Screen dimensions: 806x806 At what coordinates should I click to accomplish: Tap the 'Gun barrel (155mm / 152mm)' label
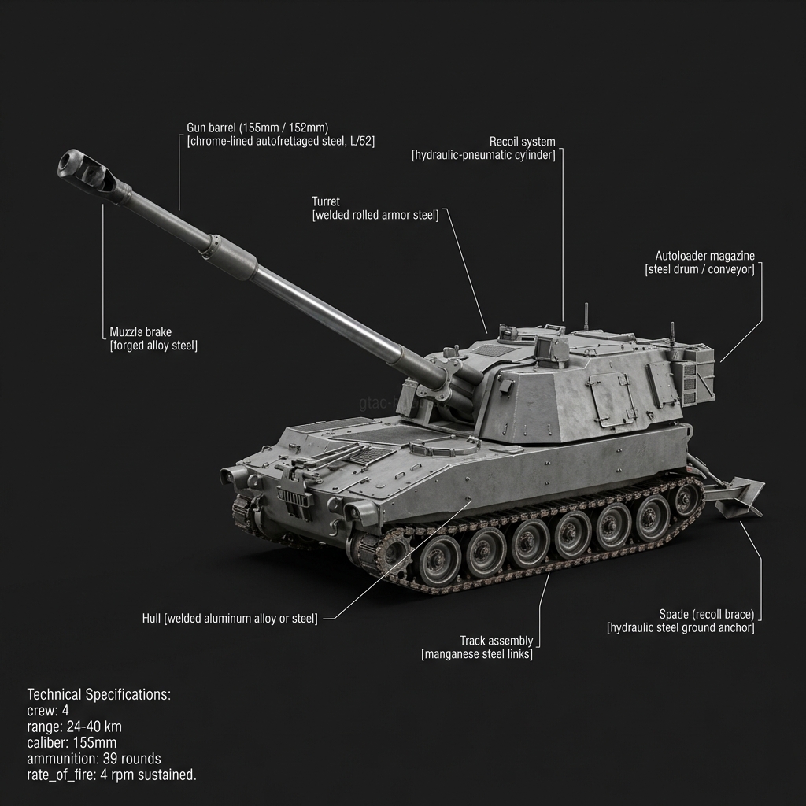257,128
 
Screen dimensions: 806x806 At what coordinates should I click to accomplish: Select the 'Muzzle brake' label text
140,332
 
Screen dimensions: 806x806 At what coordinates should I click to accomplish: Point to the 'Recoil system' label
522,142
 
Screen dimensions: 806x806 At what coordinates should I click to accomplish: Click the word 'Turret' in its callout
325,202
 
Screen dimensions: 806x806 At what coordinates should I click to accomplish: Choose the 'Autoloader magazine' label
704,256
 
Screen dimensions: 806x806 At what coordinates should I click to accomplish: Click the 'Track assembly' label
496,641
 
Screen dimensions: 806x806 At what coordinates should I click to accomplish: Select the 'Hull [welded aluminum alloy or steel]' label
230,619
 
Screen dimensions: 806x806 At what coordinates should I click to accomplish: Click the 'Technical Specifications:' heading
99,695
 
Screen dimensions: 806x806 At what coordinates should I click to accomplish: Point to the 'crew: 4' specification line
48,711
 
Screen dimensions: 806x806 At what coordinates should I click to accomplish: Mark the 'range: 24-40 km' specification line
74,727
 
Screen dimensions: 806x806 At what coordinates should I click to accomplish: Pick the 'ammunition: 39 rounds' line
94,759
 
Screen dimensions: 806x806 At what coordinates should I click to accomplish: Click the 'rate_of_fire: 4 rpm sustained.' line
112,775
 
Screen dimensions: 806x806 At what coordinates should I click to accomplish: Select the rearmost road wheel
687,499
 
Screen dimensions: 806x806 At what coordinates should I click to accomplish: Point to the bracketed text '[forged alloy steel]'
153,346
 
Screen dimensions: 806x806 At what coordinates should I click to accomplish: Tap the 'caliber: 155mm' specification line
72,743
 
